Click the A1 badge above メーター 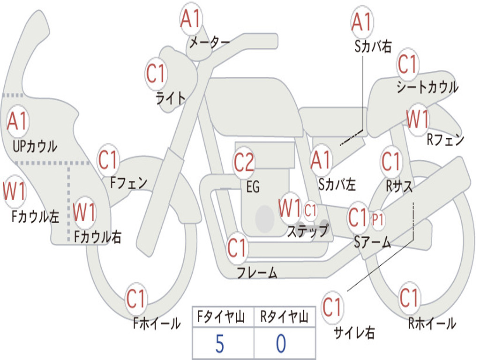point(191,20)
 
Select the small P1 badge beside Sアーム point(378,219)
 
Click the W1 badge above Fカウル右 point(85,212)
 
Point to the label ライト point(171,98)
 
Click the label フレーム point(257,272)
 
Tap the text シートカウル point(427,87)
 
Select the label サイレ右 point(354,333)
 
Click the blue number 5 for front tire point(219,344)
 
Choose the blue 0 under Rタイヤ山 point(281,344)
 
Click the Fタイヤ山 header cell point(222,318)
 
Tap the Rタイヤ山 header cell point(285,318)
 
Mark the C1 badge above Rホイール point(409,298)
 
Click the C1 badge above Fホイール point(136,299)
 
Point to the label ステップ point(308,231)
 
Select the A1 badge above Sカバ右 point(361,22)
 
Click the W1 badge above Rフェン point(417,120)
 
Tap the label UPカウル point(35,146)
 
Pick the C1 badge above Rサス point(391,162)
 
